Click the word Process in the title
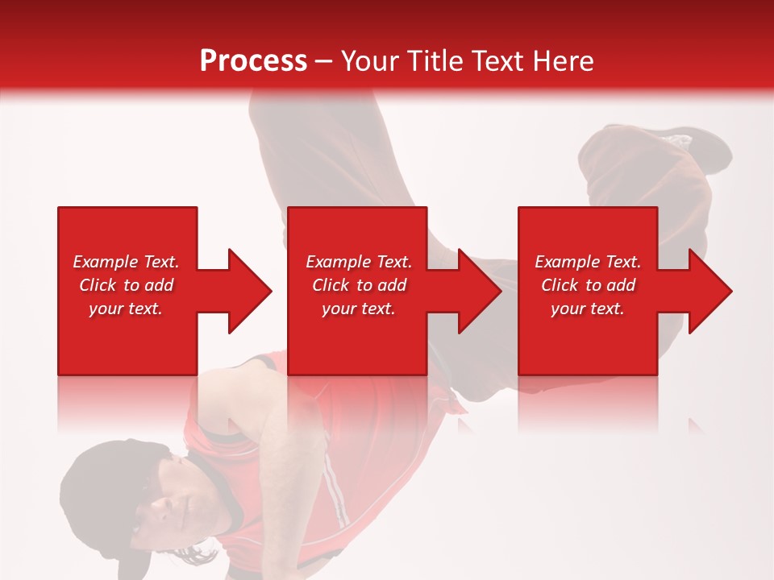pyautogui.click(x=253, y=61)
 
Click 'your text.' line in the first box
pyautogui.click(x=126, y=309)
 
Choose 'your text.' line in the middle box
pyautogui.click(x=358, y=309)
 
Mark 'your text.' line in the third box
pyautogui.click(x=588, y=309)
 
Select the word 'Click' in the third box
pyautogui.click(x=560, y=285)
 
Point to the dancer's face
pyautogui.click(x=173, y=503)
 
